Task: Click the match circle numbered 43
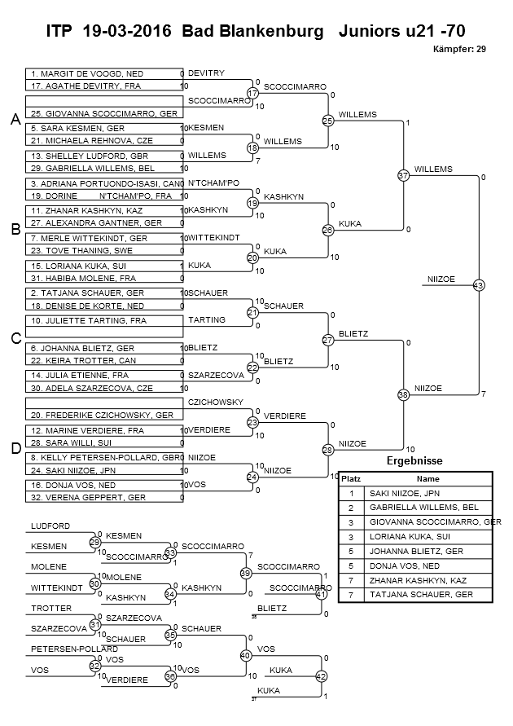[478, 285]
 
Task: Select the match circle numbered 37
[403, 175]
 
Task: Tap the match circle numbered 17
[252, 93]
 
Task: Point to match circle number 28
[328, 449]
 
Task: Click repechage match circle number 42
[321, 676]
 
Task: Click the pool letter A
[15, 120]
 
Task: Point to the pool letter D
[15, 447]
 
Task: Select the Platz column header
[351, 479]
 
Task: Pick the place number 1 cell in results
[351, 493]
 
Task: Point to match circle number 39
[244, 574]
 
